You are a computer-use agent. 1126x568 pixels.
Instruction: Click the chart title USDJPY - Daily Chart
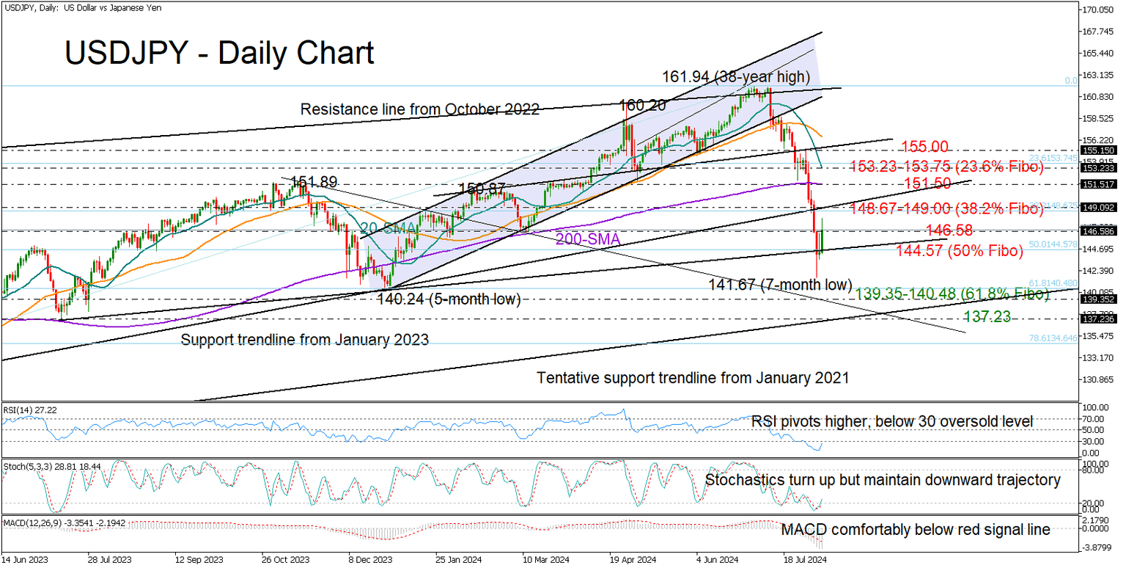click(219, 53)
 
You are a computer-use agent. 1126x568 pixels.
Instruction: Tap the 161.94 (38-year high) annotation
click(735, 76)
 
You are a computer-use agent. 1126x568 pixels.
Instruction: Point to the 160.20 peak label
click(643, 106)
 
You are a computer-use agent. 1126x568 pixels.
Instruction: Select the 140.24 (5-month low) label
click(449, 299)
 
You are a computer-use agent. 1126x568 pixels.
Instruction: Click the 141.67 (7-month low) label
click(780, 284)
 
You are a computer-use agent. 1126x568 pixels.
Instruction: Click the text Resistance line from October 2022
click(420, 110)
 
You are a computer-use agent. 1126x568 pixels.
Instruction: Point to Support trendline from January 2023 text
click(304, 340)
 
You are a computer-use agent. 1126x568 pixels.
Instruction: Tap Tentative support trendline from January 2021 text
click(693, 378)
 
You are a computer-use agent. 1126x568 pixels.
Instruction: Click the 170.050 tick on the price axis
click(1100, 10)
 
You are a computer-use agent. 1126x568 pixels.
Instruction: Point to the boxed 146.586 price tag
click(1099, 230)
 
